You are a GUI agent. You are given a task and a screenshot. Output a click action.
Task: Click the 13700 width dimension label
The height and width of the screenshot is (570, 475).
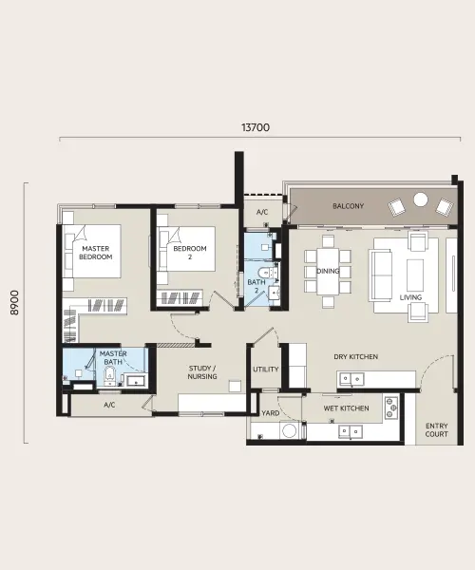pyautogui.click(x=256, y=127)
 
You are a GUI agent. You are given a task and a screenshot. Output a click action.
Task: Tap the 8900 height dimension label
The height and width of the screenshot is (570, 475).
pyautogui.click(x=14, y=302)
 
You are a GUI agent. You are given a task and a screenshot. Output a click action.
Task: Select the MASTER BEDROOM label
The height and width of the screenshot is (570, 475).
pyautogui.click(x=96, y=253)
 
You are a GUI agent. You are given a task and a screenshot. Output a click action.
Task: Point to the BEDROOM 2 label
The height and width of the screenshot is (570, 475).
pyautogui.click(x=190, y=253)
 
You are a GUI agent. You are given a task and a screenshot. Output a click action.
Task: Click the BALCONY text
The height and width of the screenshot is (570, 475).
pyautogui.click(x=348, y=206)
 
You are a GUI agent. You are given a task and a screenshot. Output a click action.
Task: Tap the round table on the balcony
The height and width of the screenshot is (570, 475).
pyautogui.click(x=421, y=199)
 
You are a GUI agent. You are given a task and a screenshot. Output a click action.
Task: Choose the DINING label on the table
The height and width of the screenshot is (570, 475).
pyautogui.click(x=328, y=271)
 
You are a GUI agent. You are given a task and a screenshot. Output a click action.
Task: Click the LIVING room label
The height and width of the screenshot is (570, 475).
pyautogui.click(x=410, y=297)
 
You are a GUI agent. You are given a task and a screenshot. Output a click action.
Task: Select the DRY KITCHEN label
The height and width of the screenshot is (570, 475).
pyautogui.click(x=356, y=356)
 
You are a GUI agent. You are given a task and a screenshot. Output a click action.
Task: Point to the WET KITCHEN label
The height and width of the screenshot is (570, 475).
pyautogui.click(x=347, y=408)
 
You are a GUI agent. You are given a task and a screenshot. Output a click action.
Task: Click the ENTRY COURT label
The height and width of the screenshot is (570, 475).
pyautogui.click(x=436, y=429)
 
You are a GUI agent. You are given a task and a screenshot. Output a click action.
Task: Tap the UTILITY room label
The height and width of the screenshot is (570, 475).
pyautogui.click(x=266, y=370)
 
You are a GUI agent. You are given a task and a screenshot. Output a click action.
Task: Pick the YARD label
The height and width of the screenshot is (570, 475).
pyautogui.click(x=271, y=413)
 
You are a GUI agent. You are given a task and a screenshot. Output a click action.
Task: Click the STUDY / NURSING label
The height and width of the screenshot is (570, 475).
pyautogui.click(x=202, y=372)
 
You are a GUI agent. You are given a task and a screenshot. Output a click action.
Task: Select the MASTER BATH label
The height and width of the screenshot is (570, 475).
pyautogui.click(x=113, y=358)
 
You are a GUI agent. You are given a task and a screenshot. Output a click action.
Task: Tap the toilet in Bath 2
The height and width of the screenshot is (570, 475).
pyautogui.click(x=265, y=273)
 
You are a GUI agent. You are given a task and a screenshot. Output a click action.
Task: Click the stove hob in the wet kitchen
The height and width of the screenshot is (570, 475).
pyautogui.click(x=391, y=408)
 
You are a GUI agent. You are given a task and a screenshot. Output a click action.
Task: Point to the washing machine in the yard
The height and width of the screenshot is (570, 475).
pyautogui.click(x=290, y=430)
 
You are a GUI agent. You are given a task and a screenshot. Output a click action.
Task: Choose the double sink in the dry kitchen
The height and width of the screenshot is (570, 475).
pyautogui.click(x=351, y=379)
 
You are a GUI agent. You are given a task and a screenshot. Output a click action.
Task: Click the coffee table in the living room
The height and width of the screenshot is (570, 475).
pyautogui.click(x=414, y=275)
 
